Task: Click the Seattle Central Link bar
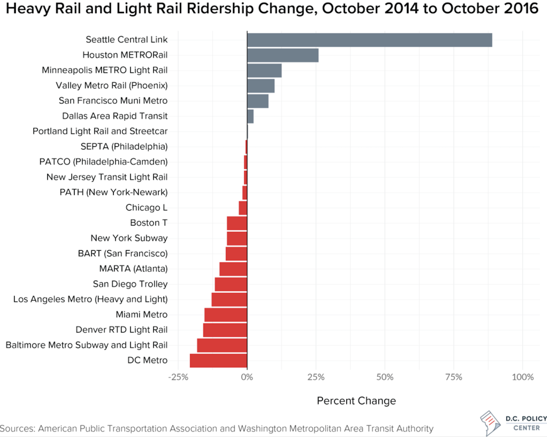coord(369,40)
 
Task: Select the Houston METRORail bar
coord(283,55)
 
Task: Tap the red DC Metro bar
coord(218,361)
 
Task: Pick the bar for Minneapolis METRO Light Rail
coord(264,71)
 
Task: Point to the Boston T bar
coord(237,223)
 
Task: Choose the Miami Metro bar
coord(226,315)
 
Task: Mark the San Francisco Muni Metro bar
coord(258,101)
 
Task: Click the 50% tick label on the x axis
coord(385,377)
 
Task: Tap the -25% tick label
coord(178,377)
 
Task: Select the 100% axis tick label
coord(523,377)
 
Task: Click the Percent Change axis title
coord(356,401)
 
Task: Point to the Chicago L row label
coord(146,208)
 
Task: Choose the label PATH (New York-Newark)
coord(113,192)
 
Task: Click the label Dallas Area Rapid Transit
coord(115,116)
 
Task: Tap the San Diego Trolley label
coord(130,284)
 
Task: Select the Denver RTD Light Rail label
coord(121,330)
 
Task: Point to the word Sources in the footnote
coord(17,429)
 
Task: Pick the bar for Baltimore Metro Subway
coord(222,345)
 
